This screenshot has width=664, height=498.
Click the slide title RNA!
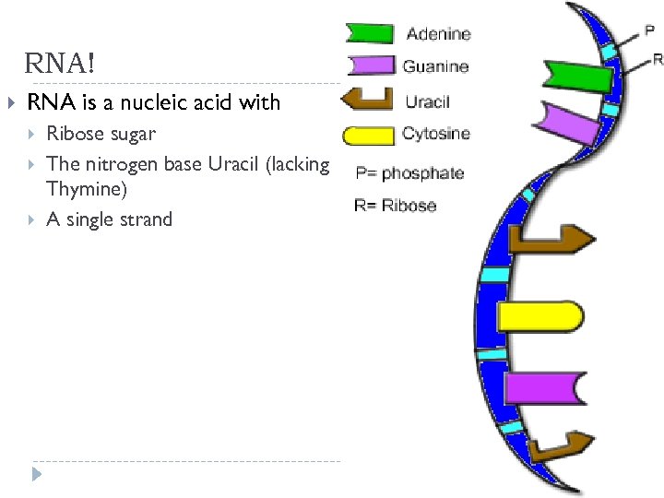click(59, 65)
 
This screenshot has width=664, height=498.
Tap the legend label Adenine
click(438, 34)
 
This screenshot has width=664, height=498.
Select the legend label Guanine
click(435, 66)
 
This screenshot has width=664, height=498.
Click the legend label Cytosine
click(435, 134)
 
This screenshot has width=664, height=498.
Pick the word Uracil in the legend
click(427, 101)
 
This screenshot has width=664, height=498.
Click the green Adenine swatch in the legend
click(369, 34)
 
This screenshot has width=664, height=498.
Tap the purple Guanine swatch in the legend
click(369, 65)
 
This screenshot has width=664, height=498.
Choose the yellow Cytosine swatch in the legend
click(369, 136)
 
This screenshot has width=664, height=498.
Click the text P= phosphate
click(409, 173)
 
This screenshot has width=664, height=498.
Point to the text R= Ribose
click(395, 205)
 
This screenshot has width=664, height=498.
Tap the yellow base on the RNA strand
click(539, 316)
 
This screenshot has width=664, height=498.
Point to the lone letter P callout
click(649, 30)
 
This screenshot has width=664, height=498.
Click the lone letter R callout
click(657, 59)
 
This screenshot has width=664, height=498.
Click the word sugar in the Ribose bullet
click(134, 134)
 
